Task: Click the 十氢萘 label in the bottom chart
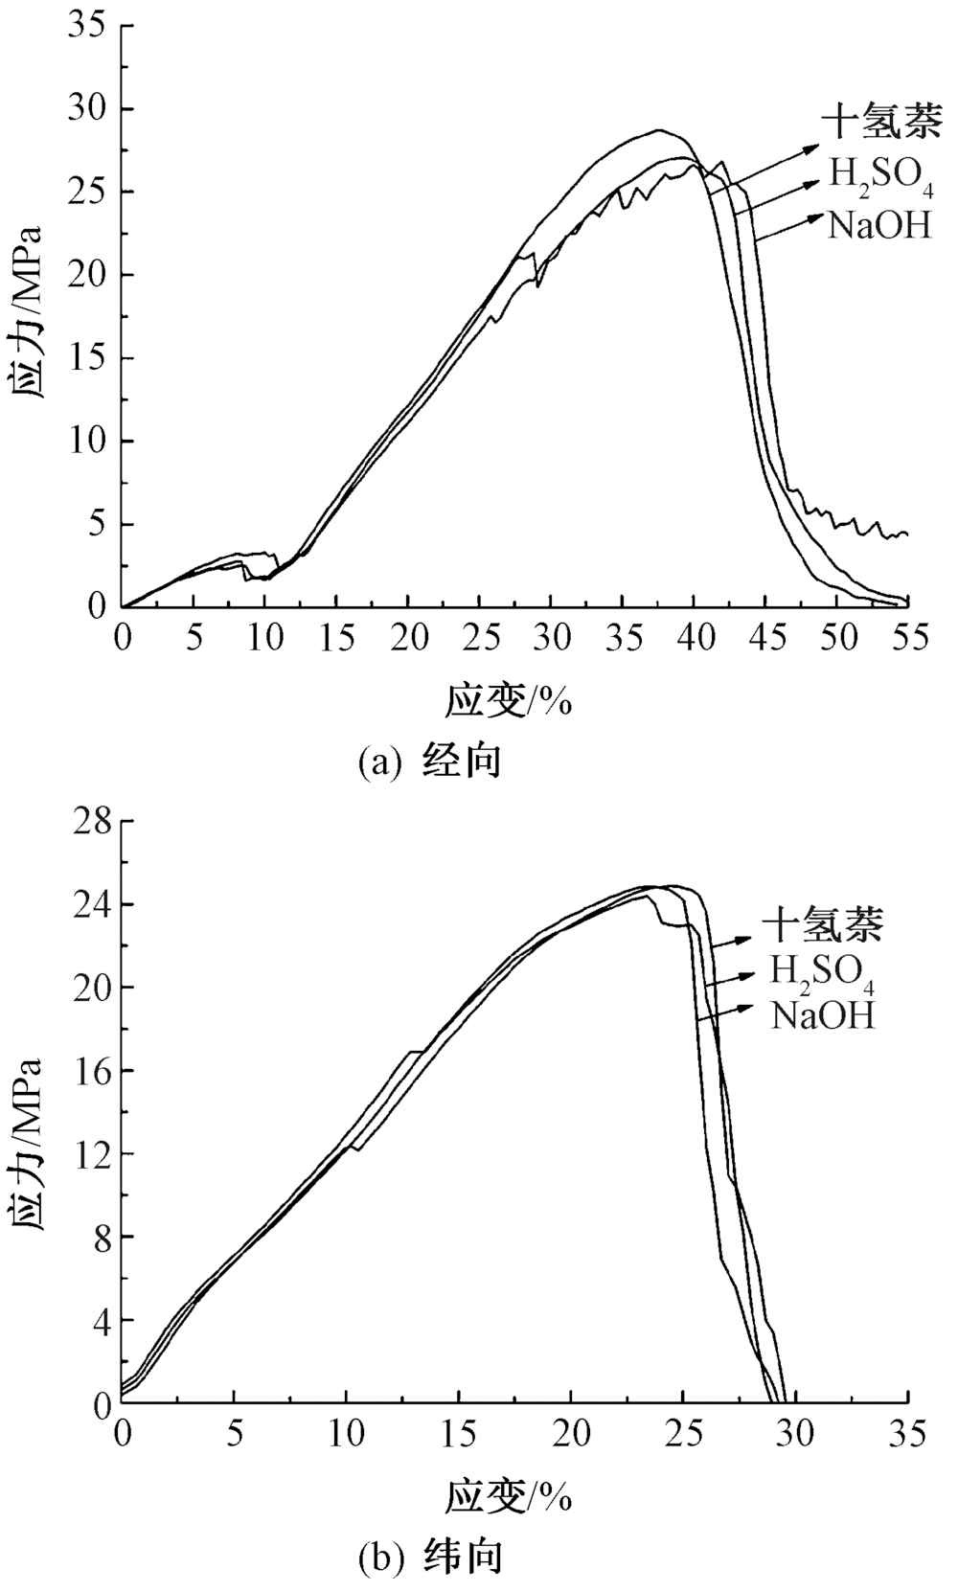pyautogui.click(x=822, y=923)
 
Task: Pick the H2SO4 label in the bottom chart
pyautogui.click(x=823, y=972)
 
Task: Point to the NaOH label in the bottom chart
pyautogui.click(x=823, y=1014)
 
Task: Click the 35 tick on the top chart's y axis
pyautogui.click(x=87, y=26)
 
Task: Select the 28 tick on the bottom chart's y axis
pyautogui.click(x=88, y=822)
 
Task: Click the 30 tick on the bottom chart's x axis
pyautogui.click(x=795, y=1434)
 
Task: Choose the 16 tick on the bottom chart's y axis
pyautogui.click(x=88, y=1071)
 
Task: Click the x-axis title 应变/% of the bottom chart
pyautogui.click(x=508, y=1495)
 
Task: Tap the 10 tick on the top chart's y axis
pyautogui.click(x=87, y=442)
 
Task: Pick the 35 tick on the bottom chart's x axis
pyautogui.click(x=907, y=1434)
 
